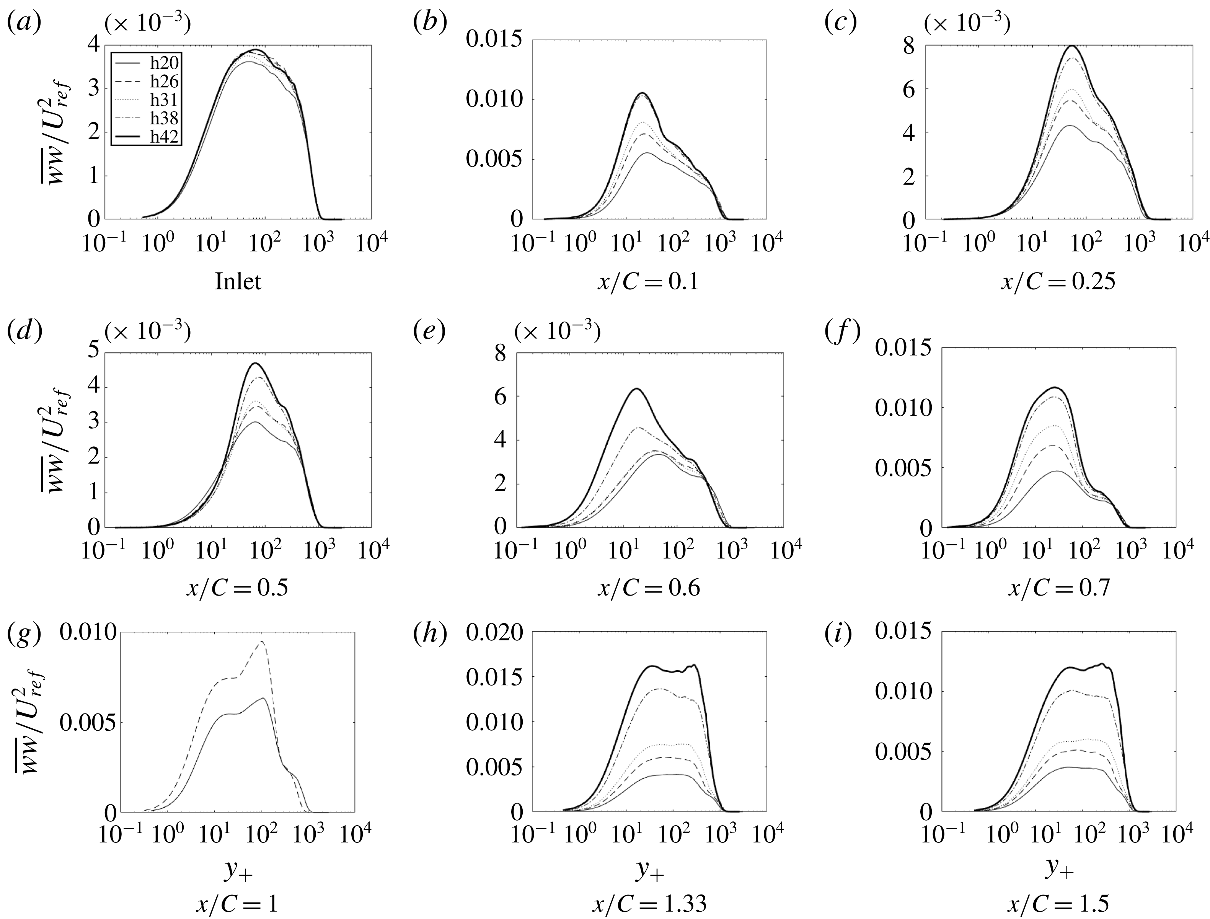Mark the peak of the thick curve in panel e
pyautogui.click(x=636, y=388)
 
